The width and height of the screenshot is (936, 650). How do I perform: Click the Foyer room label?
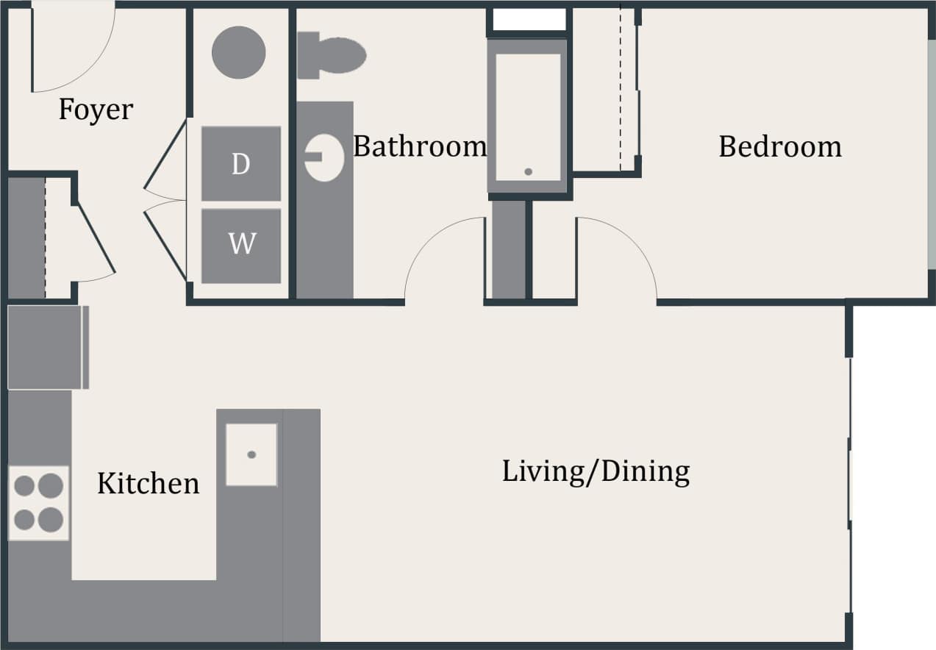(96, 110)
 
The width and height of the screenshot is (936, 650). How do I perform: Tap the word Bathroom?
(419, 146)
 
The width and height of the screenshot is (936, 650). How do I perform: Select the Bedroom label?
(779, 146)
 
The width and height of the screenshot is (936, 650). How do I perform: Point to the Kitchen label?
(148, 483)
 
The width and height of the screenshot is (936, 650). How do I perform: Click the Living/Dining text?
(596, 471)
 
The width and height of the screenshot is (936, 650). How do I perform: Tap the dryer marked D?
(241, 164)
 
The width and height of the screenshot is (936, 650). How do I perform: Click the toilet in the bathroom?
(332, 55)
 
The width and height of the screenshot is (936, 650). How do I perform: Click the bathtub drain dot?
(528, 171)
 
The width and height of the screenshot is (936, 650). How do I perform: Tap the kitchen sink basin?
(251, 454)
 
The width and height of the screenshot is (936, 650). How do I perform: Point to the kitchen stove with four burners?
(38, 503)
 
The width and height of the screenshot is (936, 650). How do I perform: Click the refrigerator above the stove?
(46, 347)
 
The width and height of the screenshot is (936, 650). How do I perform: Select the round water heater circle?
(238, 52)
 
